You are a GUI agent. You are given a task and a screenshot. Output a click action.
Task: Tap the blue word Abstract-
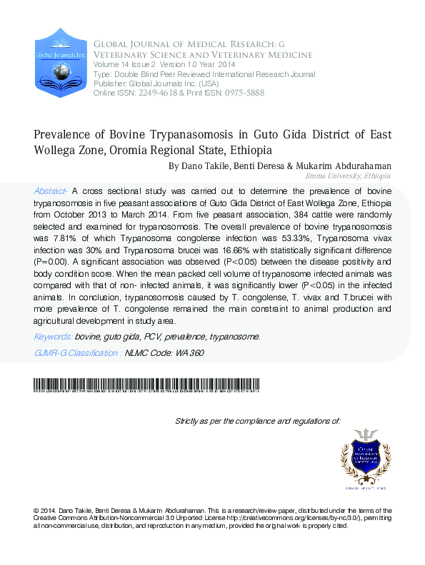coord(51,192)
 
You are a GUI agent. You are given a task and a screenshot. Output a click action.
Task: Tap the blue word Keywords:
coord(52,336)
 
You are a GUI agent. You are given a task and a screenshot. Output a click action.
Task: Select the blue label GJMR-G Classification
coord(77,352)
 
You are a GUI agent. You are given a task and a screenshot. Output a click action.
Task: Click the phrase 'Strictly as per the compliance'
coord(223,422)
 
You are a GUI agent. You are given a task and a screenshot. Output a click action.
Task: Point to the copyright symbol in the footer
coord(36,510)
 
